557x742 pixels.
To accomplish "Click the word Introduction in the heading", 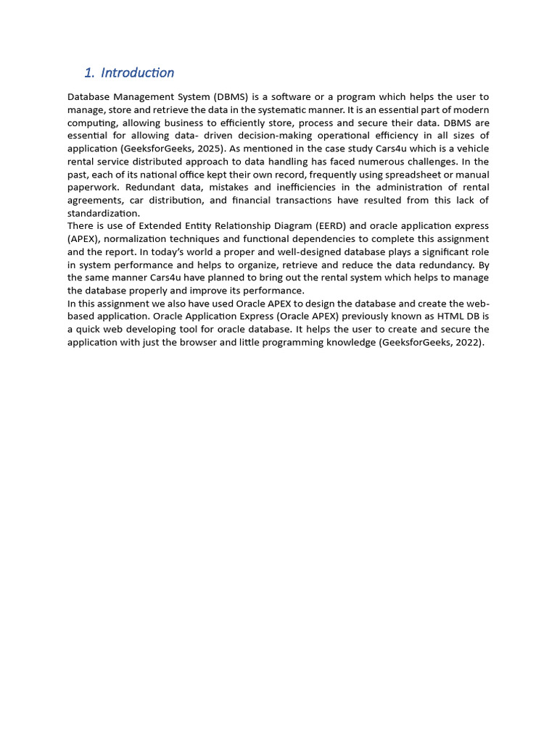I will click(x=138, y=72).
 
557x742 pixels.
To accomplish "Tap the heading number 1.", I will click(x=88, y=72).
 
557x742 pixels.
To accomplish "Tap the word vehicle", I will click(x=471, y=149).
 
